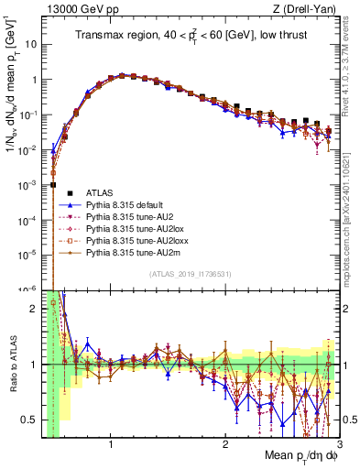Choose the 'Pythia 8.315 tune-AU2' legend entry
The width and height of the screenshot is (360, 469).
pos(125,220)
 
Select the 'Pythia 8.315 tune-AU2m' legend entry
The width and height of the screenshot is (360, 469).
pos(125,258)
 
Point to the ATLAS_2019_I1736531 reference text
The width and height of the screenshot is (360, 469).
pos(190,273)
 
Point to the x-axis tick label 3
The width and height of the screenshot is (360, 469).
pos(338,445)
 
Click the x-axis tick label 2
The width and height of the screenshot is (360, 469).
pos(224,445)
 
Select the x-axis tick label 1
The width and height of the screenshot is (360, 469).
pos(111,445)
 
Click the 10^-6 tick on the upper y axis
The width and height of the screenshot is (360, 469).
pos(27,289)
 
